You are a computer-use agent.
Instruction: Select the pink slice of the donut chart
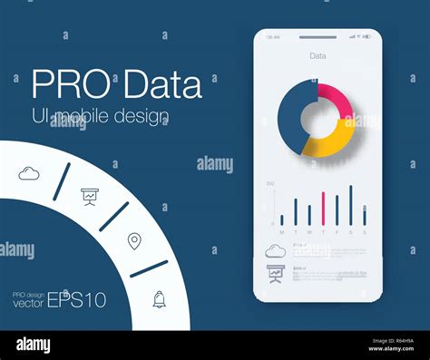point(336,101)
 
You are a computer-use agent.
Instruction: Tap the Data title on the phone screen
point(318,55)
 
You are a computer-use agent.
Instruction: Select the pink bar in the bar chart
point(323,208)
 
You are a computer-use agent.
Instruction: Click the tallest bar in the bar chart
point(350,205)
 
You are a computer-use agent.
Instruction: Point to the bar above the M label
point(281,219)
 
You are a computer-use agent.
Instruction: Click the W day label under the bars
point(308,233)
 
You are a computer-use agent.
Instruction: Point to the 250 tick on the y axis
point(269,183)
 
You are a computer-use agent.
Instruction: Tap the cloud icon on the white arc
point(29,173)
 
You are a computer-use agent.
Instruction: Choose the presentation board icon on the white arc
point(90,195)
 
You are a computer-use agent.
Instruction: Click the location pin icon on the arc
point(134,240)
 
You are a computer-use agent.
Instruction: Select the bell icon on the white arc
point(160,298)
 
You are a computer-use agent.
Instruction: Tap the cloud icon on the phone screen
point(275,251)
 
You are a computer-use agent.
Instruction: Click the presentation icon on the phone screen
point(275,272)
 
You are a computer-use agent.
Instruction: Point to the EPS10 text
point(77,299)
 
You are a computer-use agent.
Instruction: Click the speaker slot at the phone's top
point(318,37)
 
